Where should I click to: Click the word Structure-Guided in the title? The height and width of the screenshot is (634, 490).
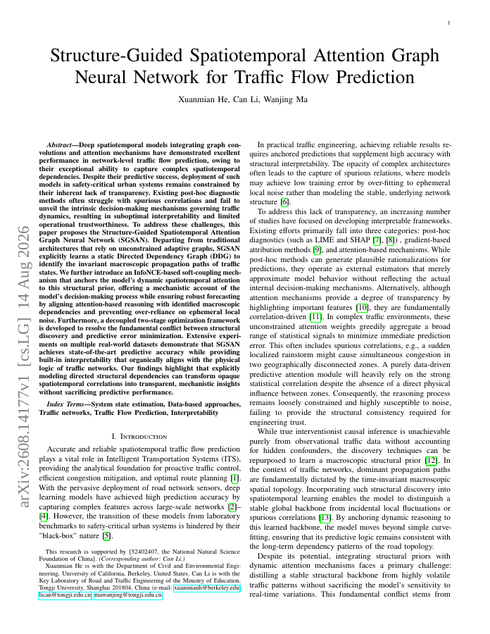click(116, 56)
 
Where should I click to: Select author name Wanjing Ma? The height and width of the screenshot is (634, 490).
click(286, 99)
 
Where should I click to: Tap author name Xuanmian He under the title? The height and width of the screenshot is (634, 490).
click(203, 99)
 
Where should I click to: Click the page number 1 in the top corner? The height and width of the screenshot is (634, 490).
click(448, 23)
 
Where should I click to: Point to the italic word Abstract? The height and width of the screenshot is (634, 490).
click(59, 144)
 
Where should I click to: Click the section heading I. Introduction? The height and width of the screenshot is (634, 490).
click(139, 437)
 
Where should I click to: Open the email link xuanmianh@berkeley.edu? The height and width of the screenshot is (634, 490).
click(207, 588)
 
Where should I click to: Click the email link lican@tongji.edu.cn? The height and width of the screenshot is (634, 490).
click(65, 595)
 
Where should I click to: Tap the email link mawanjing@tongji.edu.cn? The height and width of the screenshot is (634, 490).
click(128, 595)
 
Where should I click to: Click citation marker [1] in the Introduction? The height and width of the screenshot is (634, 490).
click(234, 478)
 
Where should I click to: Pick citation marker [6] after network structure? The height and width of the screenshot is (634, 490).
click(285, 202)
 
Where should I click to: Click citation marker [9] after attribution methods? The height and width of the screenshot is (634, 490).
click(318, 250)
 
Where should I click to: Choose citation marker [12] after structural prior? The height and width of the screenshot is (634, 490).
click(432, 461)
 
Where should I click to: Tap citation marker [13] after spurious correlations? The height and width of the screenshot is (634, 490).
click(325, 518)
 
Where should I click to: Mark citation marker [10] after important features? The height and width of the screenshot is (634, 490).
click(362, 308)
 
